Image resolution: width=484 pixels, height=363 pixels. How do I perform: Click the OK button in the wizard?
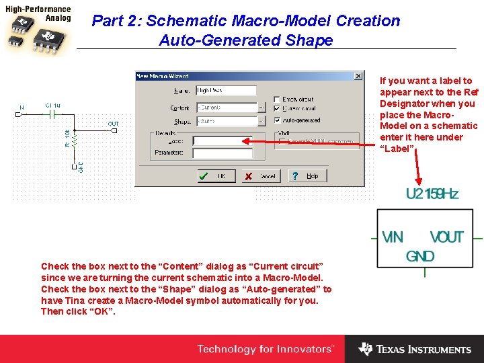214,176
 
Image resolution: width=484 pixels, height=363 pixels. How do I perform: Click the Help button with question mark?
305,176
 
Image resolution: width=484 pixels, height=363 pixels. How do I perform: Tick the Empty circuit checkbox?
277,99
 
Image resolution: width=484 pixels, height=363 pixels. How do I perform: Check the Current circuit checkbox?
277,110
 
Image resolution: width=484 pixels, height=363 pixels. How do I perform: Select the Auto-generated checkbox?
277,121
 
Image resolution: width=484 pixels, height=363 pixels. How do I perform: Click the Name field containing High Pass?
226,90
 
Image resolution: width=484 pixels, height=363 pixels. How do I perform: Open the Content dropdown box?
227,108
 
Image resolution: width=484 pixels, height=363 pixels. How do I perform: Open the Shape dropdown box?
227,121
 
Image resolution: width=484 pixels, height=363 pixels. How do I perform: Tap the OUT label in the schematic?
113,124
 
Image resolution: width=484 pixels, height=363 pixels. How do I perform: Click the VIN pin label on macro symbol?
393,237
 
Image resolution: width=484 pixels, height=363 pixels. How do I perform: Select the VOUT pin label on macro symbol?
447,237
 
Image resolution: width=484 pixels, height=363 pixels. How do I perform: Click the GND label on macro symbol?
420,256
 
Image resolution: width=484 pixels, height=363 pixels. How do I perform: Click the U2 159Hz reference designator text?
432,194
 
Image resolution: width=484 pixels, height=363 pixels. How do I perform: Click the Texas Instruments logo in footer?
415,350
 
